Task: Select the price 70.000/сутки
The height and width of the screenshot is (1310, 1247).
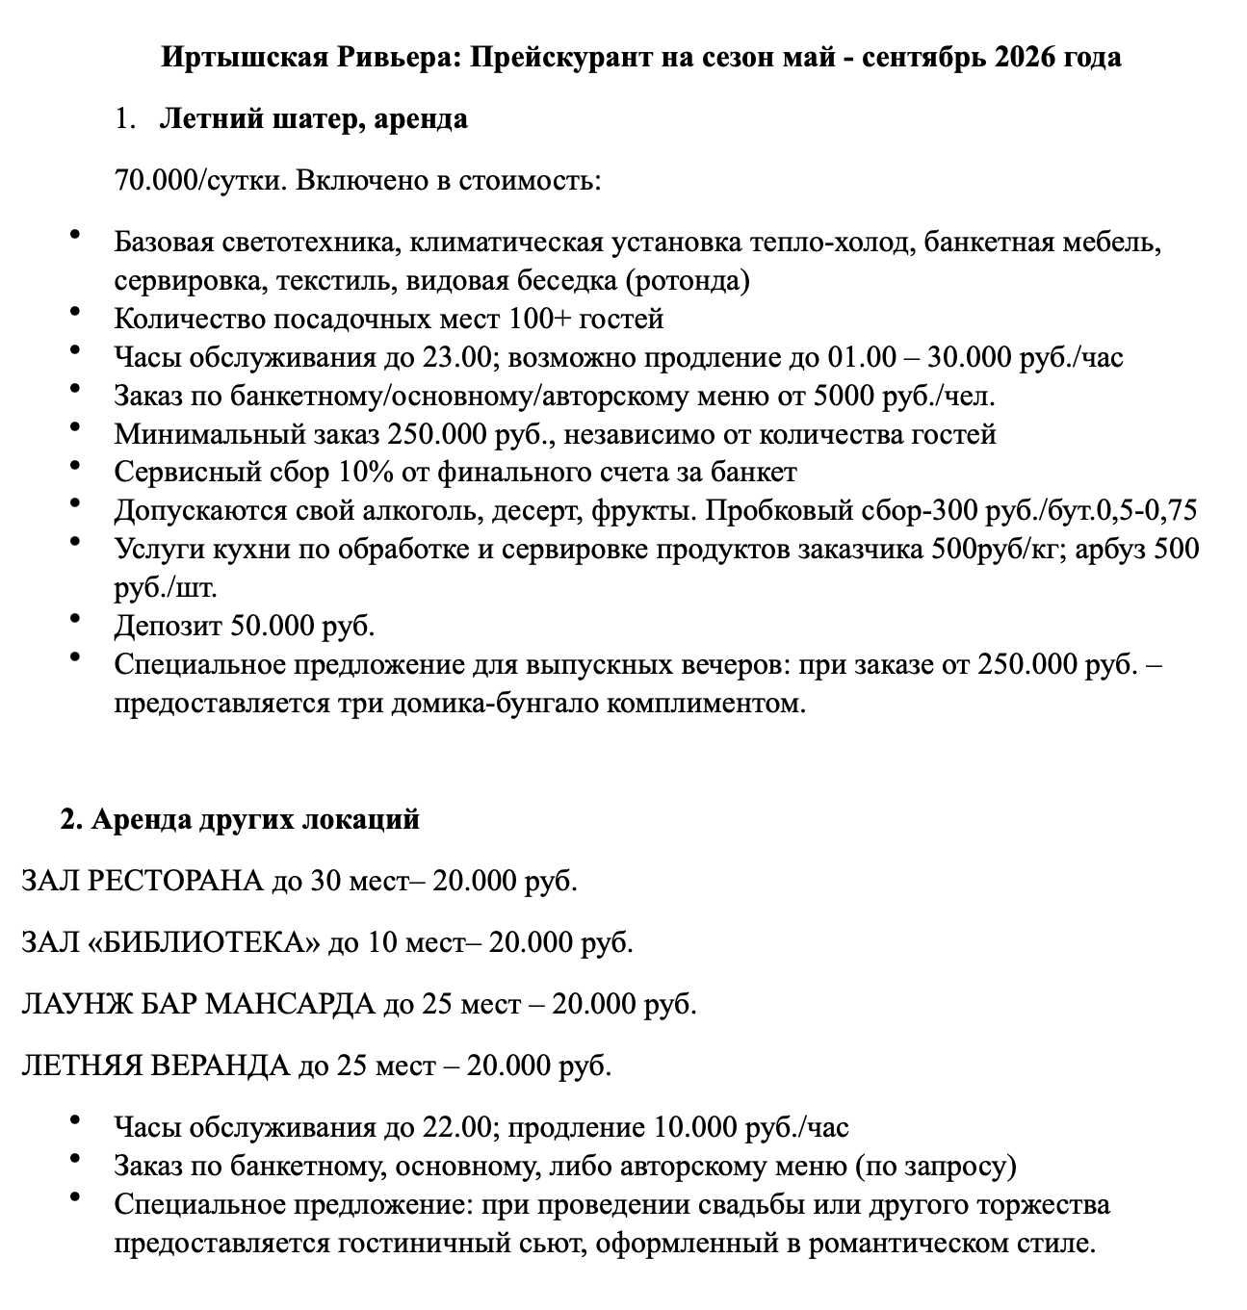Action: [x=200, y=180]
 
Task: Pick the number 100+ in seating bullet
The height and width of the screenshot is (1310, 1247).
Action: [x=549, y=319]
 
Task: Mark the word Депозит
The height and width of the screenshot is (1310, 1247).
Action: [x=169, y=627]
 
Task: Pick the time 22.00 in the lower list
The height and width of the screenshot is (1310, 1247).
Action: [x=456, y=1127]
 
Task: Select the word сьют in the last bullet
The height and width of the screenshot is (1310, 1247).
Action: [x=553, y=1243]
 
